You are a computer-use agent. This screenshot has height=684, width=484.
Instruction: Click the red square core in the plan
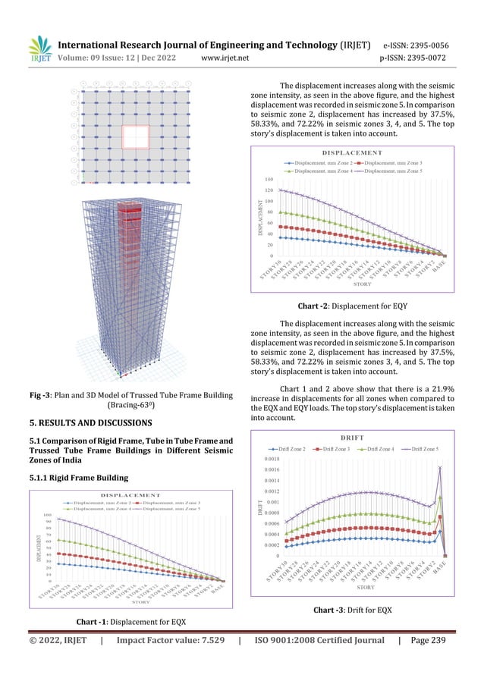click(134, 137)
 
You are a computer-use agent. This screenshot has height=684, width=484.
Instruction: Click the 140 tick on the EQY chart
click(269, 179)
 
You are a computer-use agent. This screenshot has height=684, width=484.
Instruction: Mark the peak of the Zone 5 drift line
click(440, 468)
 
